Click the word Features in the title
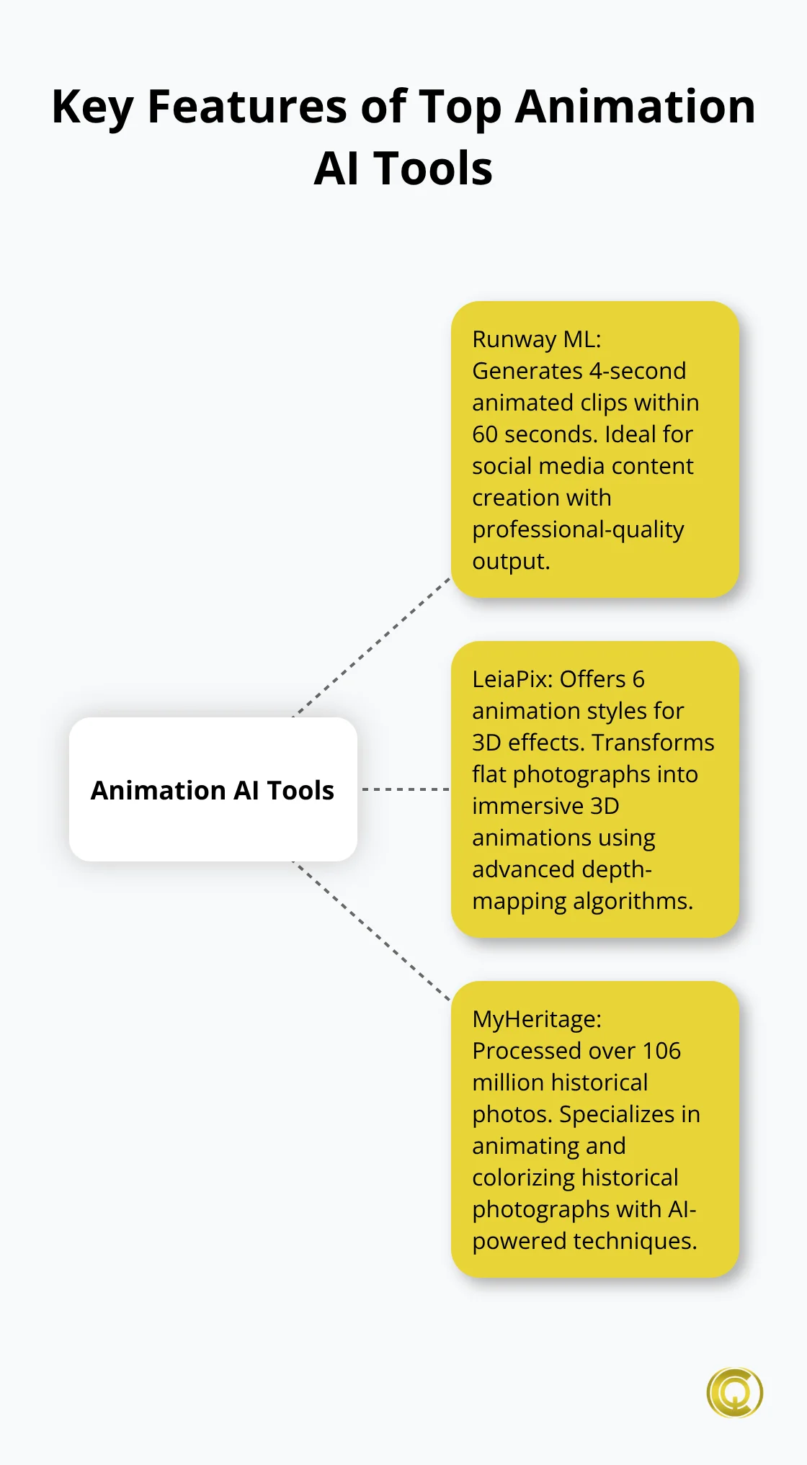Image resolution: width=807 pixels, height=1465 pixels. click(x=247, y=107)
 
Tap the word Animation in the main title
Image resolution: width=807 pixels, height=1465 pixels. click(x=636, y=107)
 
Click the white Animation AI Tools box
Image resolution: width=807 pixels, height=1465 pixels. click(x=213, y=789)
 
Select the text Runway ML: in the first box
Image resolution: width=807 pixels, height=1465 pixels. click(x=536, y=339)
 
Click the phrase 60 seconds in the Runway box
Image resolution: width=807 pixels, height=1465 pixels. click(x=535, y=434)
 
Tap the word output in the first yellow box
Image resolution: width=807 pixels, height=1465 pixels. click(x=509, y=561)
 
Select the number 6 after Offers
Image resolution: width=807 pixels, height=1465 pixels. click(x=638, y=679)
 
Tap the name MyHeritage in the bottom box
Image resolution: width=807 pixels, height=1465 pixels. click(x=534, y=1019)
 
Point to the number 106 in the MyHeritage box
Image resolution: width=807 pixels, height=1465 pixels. click(x=661, y=1051)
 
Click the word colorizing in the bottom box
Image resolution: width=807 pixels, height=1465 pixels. click(x=533, y=1178)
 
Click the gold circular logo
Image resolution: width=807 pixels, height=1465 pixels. click(x=734, y=1392)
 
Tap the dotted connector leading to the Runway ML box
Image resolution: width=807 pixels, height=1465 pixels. click(x=372, y=646)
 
